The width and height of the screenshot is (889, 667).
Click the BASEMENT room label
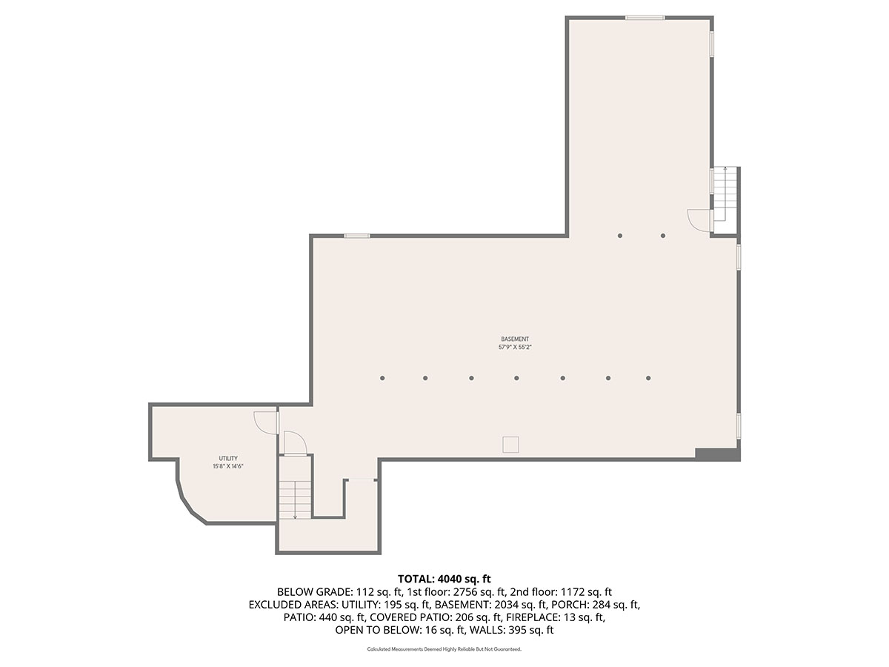515,339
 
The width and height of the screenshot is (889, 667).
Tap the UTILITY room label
228,458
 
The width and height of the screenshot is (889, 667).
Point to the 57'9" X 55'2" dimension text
515,347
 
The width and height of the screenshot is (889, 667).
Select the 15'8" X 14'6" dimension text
228,466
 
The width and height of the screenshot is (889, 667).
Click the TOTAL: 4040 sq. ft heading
444,578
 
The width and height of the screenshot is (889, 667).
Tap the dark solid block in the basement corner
716,454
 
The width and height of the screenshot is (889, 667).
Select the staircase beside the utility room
295,499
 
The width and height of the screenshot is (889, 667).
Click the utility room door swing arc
264,421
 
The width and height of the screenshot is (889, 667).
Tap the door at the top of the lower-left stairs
295,445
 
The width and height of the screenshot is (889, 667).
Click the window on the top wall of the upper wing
645,17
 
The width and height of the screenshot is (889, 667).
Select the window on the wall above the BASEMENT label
357,236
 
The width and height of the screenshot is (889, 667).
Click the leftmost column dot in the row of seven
382,378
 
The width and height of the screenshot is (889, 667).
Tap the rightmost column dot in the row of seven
648,378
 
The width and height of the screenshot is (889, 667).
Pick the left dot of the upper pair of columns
620,236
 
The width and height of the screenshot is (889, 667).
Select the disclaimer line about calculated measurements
444,649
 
